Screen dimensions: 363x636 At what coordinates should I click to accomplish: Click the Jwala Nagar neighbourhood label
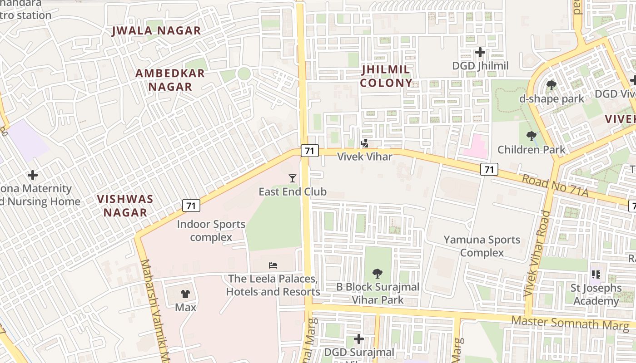point(156,31)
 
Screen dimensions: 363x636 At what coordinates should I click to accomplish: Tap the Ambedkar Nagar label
point(170,80)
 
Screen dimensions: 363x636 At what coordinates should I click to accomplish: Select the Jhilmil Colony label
point(386,76)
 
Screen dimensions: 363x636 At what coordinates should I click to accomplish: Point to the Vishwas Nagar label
point(125,206)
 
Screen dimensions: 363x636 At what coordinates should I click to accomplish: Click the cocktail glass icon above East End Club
point(293,178)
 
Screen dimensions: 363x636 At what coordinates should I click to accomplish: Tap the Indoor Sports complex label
point(211,231)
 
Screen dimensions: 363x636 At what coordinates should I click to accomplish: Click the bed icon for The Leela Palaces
point(273,265)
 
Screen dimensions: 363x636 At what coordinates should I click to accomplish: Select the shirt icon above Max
point(185,294)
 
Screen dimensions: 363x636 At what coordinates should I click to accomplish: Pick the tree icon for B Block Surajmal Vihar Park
point(377,274)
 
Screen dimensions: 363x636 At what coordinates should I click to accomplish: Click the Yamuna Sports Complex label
point(482,246)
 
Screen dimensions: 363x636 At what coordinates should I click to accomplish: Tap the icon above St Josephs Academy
point(596,275)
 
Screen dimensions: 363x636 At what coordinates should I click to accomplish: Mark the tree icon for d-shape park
point(552,85)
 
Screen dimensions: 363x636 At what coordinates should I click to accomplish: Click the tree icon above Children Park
point(531,136)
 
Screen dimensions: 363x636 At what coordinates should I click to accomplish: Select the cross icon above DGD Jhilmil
point(480,52)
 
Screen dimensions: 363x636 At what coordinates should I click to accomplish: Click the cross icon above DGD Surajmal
point(359,339)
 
